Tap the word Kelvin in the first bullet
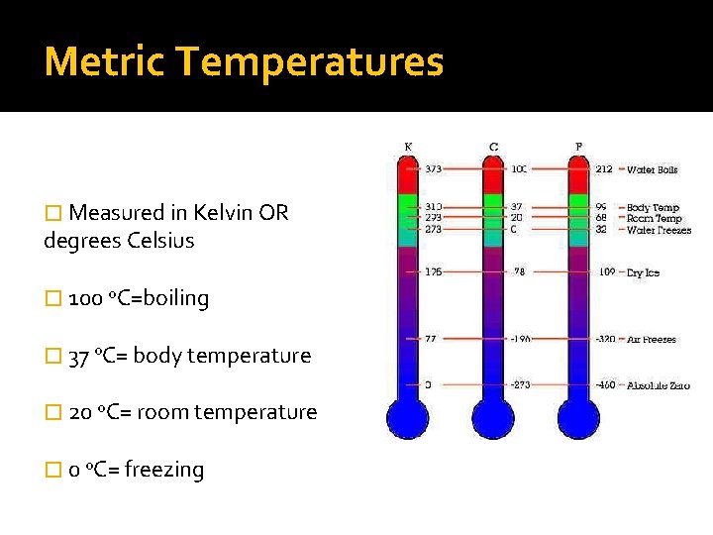(226, 213)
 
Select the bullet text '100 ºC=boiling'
(139, 298)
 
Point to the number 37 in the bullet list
(81, 356)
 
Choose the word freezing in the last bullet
(165, 470)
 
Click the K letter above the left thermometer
(408, 148)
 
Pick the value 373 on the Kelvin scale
(434, 169)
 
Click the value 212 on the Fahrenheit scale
(604, 169)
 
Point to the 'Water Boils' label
(653, 169)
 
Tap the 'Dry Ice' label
(643, 272)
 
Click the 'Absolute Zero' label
(659, 385)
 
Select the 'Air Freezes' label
(652, 339)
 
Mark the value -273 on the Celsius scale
(520, 385)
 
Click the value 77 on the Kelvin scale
(432, 339)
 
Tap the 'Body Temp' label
(653, 208)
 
